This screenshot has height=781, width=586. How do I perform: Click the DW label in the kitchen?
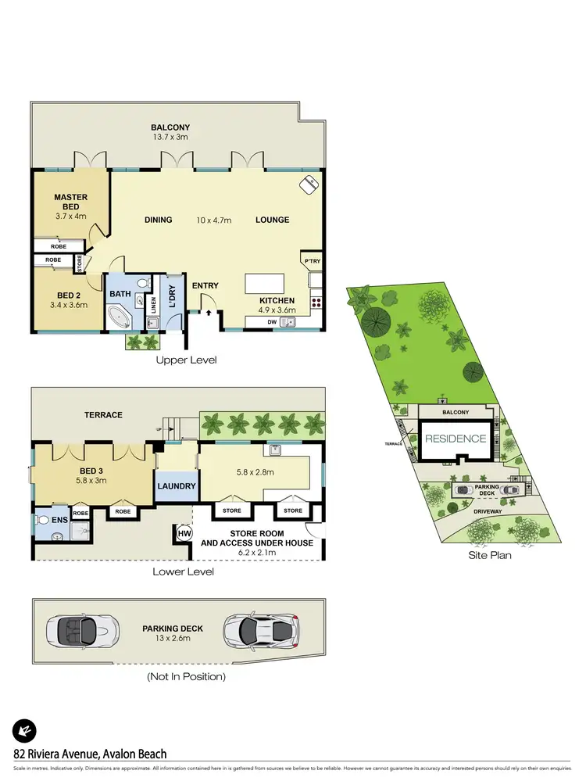click(x=272, y=321)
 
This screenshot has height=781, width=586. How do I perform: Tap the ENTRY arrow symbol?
click(x=209, y=313)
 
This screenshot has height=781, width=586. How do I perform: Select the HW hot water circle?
click(x=184, y=534)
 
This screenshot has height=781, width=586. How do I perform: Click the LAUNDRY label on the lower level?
click(x=176, y=486)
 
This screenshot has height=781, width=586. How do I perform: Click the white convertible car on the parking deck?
click(x=83, y=628)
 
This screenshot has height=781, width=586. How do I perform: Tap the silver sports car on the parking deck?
click(x=262, y=628)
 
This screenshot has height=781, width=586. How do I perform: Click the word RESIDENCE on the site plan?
click(x=455, y=439)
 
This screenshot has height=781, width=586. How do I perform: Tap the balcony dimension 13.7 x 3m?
click(x=170, y=137)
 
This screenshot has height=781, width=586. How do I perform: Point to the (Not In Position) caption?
click(x=187, y=676)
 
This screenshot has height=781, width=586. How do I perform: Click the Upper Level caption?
click(x=186, y=360)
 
